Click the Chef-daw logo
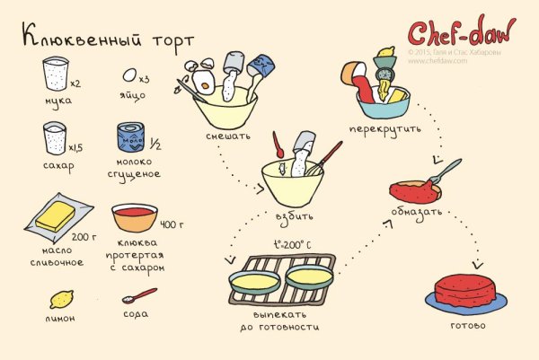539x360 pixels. point(460,33)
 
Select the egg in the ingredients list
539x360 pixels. point(130,75)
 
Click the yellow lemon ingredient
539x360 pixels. point(62,299)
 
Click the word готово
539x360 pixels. point(467,325)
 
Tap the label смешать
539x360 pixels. point(227,136)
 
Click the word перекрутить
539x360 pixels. point(390,128)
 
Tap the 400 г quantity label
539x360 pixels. point(171,224)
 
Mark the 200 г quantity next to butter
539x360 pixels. point(83,237)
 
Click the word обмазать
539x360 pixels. point(416,214)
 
